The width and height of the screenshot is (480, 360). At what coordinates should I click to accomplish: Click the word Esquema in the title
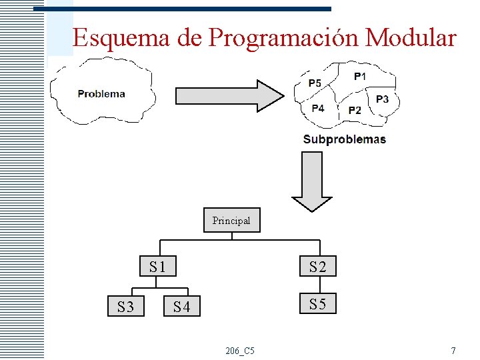(121, 37)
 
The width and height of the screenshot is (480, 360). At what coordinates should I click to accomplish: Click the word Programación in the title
(284, 37)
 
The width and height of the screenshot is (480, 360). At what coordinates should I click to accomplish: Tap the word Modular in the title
(411, 37)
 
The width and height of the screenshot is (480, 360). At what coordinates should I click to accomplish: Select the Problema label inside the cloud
(101, 93)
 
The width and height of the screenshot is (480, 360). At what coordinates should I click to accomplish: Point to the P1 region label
(359, 77)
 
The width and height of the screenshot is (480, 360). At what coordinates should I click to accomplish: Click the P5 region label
(315, 83)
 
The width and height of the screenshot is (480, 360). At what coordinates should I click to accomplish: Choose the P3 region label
(382, 99)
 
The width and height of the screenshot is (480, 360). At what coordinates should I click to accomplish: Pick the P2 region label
(355, 110)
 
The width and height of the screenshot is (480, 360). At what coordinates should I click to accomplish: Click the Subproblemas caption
(344, 139)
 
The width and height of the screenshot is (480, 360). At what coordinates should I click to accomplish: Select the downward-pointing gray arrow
(312, 181)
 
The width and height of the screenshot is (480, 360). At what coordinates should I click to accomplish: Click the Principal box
(231, 220)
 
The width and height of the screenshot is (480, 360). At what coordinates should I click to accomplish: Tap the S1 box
(158, 267)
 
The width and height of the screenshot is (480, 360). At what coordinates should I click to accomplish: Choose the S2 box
(317, 267)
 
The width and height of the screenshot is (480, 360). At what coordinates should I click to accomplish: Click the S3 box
(126, 307)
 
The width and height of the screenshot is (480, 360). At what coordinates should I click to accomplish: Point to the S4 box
(182, 307)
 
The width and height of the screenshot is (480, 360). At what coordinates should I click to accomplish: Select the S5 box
(317, 305)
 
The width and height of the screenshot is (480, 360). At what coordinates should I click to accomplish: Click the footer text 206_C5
(239, 351)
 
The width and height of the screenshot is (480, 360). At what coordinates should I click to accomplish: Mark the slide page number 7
(453, 351)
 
